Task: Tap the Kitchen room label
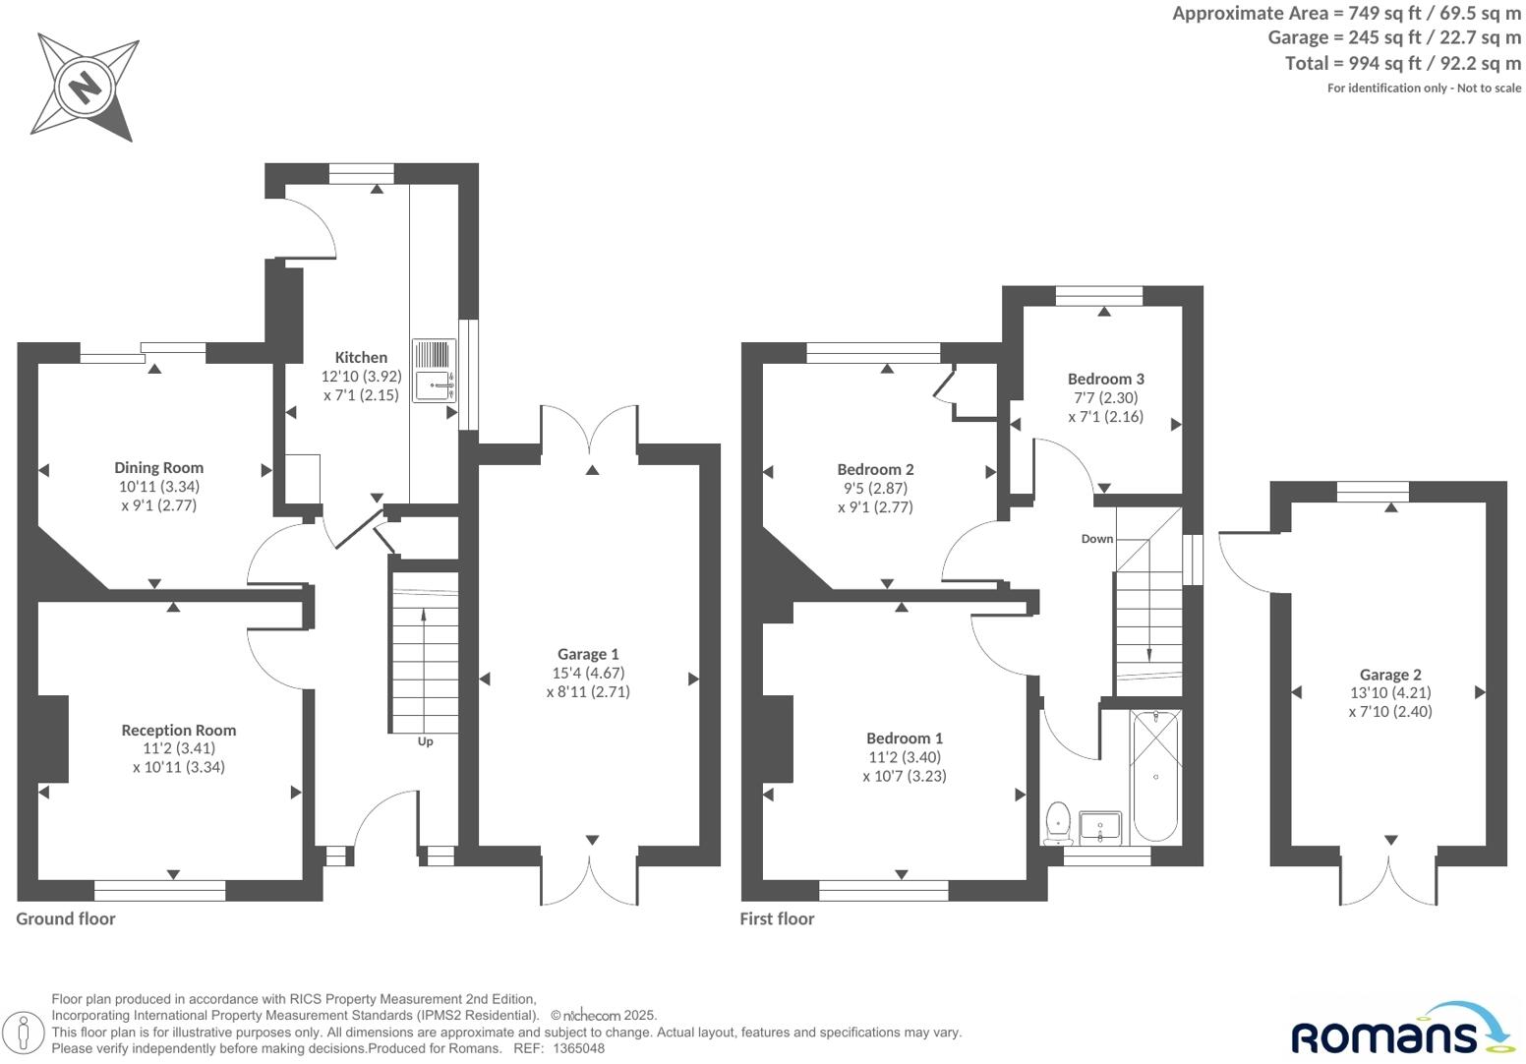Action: point(361,358)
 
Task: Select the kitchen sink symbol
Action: point(434,372)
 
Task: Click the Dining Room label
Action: point(158,468)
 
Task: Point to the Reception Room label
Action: point(179,730)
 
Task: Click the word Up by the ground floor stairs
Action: point(425,741)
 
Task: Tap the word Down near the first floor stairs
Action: point(1097,539)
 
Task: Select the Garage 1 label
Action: point(588,654)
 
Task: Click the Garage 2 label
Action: point(1390,675)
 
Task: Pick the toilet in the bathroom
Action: point(1058,822)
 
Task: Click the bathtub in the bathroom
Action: point(1155,777)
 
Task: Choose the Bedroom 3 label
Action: point(1106,379)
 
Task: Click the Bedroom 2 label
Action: point(875,469)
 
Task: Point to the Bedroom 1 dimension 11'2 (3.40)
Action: point(905,757)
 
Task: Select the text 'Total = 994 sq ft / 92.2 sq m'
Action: point(1402,63)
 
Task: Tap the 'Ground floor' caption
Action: point(66,918)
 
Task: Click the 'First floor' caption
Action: point(777,918)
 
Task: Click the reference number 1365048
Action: point(579,1048)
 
